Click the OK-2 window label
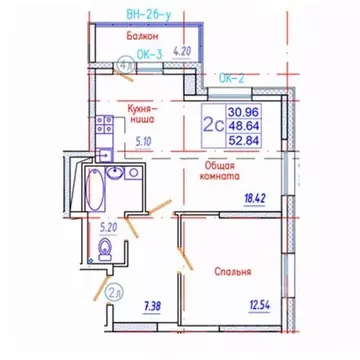point(232,77)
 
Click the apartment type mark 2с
point(212,125)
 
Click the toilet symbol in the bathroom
point(106,257)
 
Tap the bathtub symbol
point(87,189)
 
